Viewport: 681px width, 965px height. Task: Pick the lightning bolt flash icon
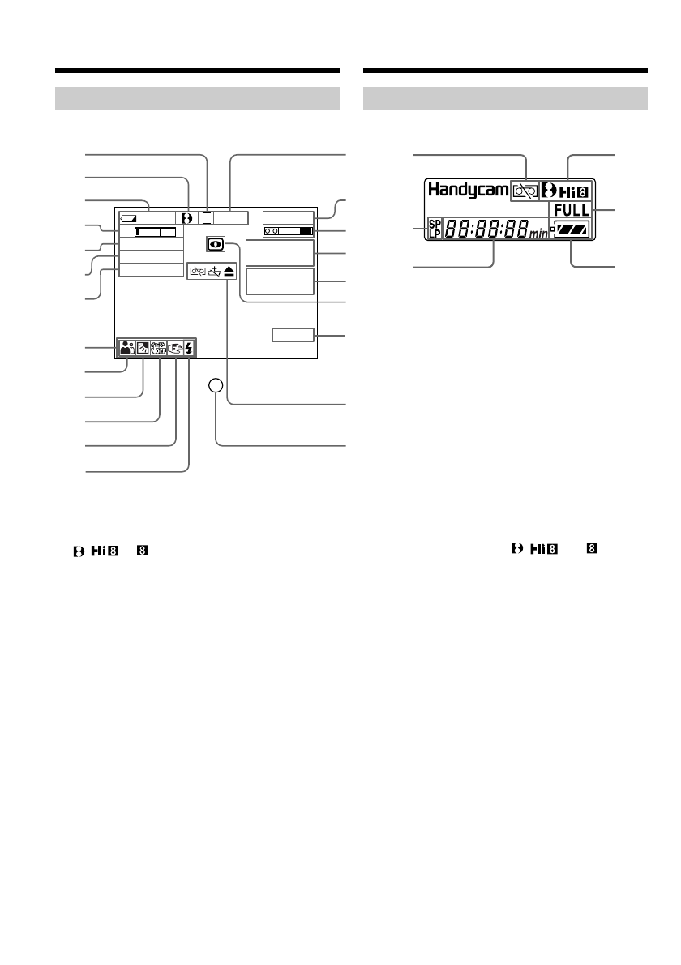(189, 349)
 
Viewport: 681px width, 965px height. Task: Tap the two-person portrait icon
(126, 349)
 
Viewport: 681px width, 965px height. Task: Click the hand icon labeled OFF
(159, 349)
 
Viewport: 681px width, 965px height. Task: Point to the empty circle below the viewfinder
(215, 388)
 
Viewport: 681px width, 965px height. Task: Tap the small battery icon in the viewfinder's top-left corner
(129, 218)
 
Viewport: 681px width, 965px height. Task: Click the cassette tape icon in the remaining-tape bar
(272, 232)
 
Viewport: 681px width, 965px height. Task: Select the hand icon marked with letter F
(174, 349)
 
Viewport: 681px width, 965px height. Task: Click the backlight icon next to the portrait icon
(143, 349)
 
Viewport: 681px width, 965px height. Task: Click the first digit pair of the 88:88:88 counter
(458, 229)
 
